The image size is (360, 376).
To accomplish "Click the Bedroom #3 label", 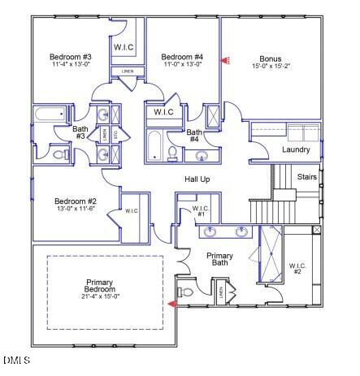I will click(x=70, y=57).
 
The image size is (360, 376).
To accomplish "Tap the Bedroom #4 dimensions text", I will click(x=182, y=64).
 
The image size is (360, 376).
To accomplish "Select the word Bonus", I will click(x=271, y=58).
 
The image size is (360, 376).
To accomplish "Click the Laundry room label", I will click(x=296, y=150).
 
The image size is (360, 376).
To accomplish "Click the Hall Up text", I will click(x=197, y=178).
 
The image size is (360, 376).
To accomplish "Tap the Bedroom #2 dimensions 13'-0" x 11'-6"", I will click(x=76, y=210).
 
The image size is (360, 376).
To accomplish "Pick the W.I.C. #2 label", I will click(x=295, y=267).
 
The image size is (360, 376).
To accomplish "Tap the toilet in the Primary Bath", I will click(x=185, y=292).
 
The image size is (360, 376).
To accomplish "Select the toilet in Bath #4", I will click(x=172, y=154).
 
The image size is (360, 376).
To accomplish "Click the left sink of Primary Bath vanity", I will click(x=210, y=232).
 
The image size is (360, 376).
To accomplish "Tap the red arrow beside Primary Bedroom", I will click(x=171, y=305).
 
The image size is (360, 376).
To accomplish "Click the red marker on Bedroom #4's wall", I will click(x=228, y=60).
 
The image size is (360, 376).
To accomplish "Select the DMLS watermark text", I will click(x=16, y=360).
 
